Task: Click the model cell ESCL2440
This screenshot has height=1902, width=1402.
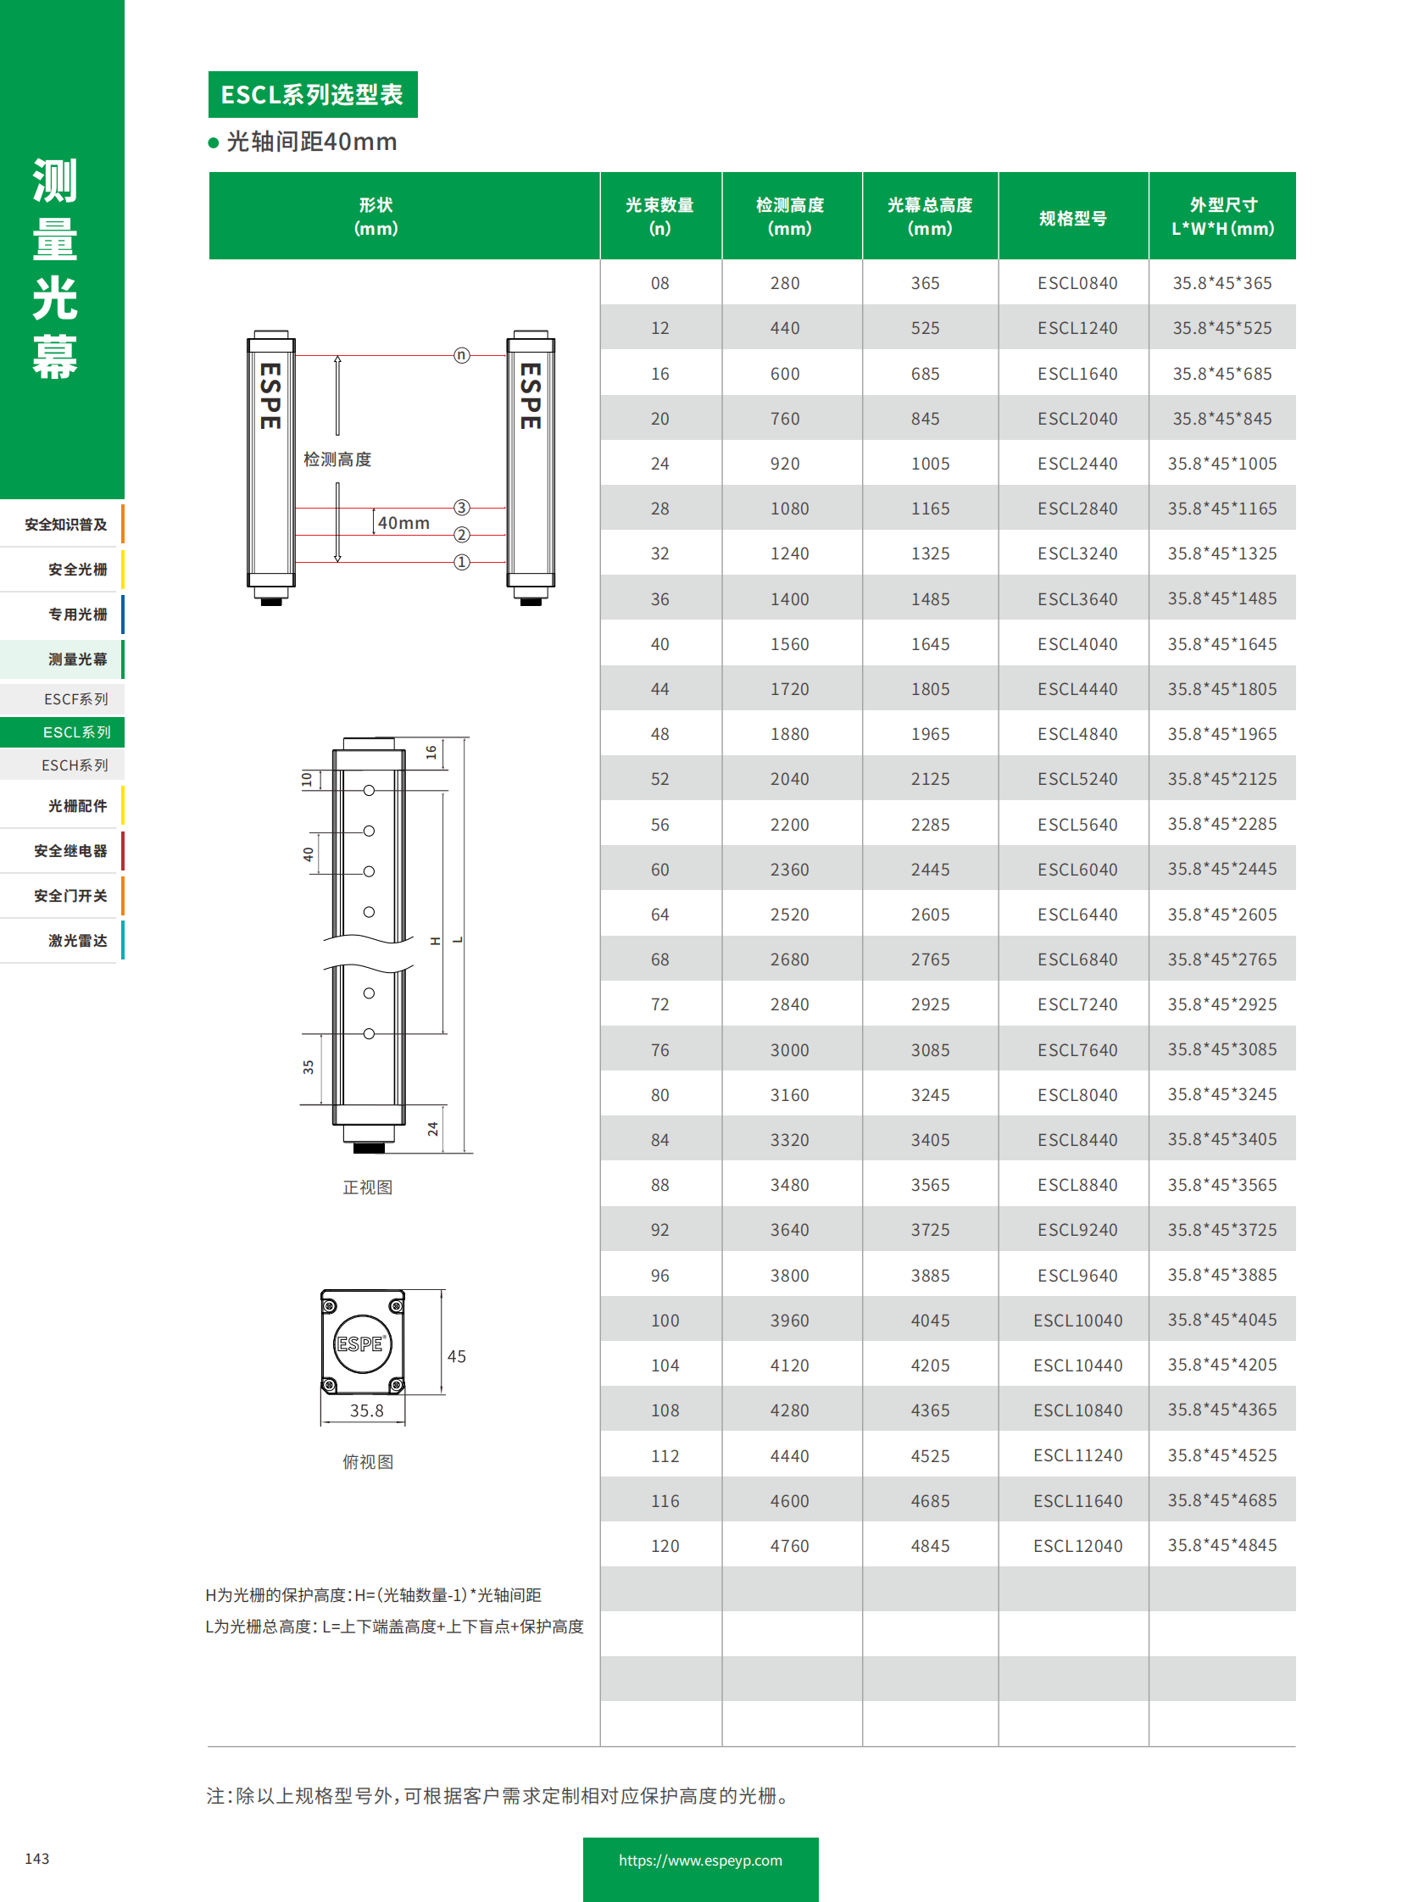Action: [1077, 464]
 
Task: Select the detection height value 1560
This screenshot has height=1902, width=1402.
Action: [789, 644]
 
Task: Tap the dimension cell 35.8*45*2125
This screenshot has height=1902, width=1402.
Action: [1221, 779]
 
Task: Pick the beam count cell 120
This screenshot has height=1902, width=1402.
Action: [665, 1545]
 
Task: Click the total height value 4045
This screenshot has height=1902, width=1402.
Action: [930, 1321]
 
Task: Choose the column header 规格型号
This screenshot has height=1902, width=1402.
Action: [1073, 218]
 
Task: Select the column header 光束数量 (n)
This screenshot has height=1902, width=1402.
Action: [659, 216]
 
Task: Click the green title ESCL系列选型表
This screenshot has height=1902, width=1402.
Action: [312, 94]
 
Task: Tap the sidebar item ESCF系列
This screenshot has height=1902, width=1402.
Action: [75, 699]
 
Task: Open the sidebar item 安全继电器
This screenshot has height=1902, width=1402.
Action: [70, 850]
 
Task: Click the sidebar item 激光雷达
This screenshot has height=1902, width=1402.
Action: [77, 940]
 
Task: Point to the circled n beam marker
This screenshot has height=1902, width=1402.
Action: [462, 355]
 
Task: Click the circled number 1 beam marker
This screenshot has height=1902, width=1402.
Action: [462, 562]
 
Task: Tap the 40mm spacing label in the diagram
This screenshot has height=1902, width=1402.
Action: [403, 523]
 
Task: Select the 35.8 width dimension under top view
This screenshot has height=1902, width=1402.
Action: [367, 1410]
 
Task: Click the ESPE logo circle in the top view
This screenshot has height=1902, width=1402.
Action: [363, 1343]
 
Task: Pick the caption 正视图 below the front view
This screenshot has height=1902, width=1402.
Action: [368, 1187]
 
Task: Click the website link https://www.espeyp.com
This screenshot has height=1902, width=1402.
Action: [700, 1860]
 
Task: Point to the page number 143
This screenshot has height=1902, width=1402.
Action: [37, 1859]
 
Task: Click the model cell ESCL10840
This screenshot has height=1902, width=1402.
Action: [1077, 1410]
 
